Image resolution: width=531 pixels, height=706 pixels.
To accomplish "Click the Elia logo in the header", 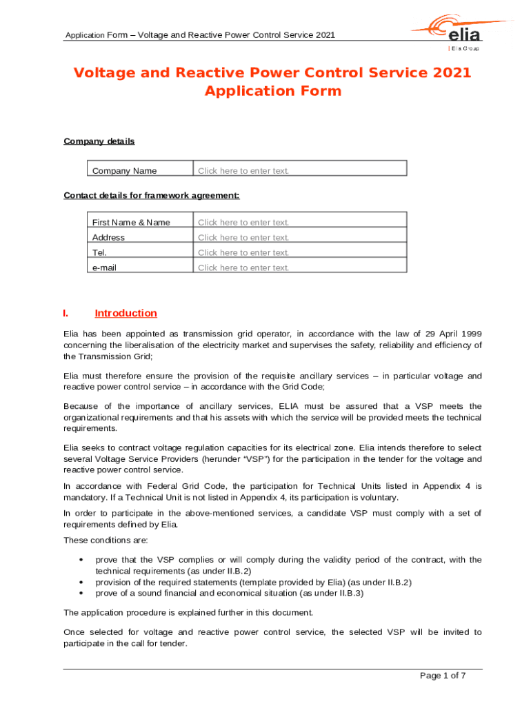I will pos(461,31).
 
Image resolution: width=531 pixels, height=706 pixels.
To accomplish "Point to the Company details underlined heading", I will pos(99,141).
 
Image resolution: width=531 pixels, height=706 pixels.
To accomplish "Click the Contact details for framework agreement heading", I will pos(151,195).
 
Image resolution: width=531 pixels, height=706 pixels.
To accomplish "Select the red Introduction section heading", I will pos(126,313).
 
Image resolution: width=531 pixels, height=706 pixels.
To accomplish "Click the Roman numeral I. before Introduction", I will pos(66,314).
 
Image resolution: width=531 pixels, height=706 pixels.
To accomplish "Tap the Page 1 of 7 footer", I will pos(443,676).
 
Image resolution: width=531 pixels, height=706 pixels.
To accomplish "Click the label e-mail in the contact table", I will pos(104,268).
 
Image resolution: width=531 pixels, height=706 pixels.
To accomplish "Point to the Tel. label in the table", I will pos(99,252).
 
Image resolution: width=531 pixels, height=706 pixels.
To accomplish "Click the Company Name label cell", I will pos(124,171).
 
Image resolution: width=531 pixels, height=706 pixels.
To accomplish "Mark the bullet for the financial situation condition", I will pos(81,593).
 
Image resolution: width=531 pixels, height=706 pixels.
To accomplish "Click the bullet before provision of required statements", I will pos(81,583).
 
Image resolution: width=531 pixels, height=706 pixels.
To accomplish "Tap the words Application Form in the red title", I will pos(273,91).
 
